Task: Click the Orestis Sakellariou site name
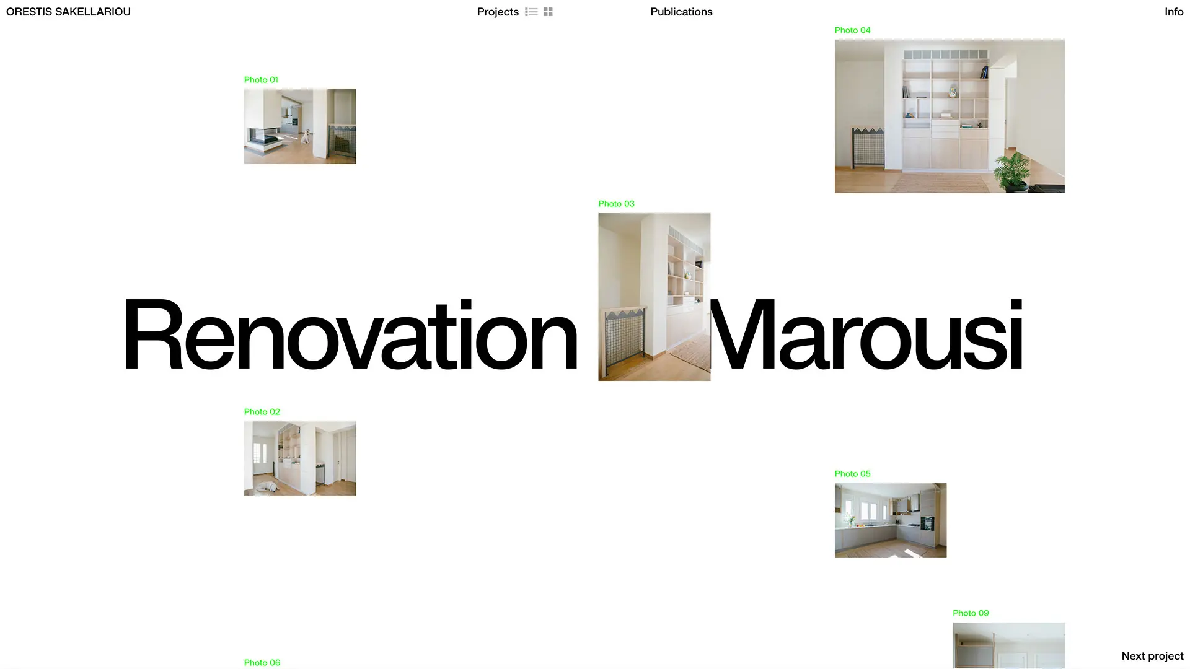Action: (x=68, y=12)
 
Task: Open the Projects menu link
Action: (x=498, y=12)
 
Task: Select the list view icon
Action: (x=531, y=12)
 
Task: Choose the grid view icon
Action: (x=548, y=12)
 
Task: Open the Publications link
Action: (x=681, y=12)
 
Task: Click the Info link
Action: (x=1174, y=12)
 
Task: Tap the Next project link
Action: (x=1152, y=656)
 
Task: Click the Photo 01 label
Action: (x=261, y=80)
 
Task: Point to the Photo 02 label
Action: (x=262, y=412)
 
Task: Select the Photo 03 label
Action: (x=616, y=204)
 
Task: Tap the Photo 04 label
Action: (x=852, y=30)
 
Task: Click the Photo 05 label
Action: (x=852, y=474)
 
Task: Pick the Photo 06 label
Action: (x=262, y=663)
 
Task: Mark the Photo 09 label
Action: (x=971, y=613)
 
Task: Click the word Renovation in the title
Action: (x=351, y=334)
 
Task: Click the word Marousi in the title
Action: (x=866, y=334)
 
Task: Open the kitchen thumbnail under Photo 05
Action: (x=890, y=520)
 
